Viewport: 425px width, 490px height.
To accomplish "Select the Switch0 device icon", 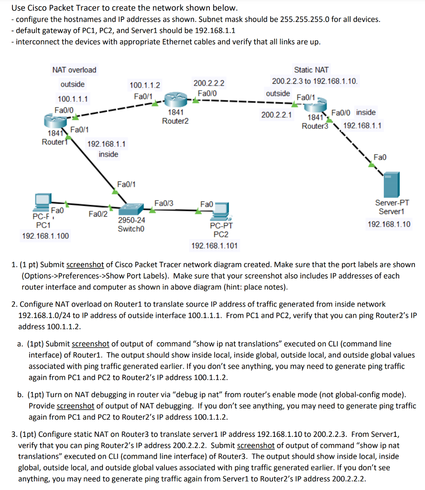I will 131,209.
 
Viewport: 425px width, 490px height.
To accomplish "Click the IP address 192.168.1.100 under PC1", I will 45,235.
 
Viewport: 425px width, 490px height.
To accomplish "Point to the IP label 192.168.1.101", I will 215,245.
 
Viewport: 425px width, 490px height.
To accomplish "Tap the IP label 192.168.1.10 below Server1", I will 389,224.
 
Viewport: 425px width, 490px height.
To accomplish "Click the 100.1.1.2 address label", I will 145,85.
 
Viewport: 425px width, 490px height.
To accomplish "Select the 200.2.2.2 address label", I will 209,83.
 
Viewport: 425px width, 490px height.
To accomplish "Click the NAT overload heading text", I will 74,70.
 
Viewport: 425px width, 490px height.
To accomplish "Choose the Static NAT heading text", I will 311,70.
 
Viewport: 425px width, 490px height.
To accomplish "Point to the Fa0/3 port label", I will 163,203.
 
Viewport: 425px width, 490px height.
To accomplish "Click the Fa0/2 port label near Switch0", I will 98,214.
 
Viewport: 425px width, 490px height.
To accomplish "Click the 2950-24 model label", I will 131,221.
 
